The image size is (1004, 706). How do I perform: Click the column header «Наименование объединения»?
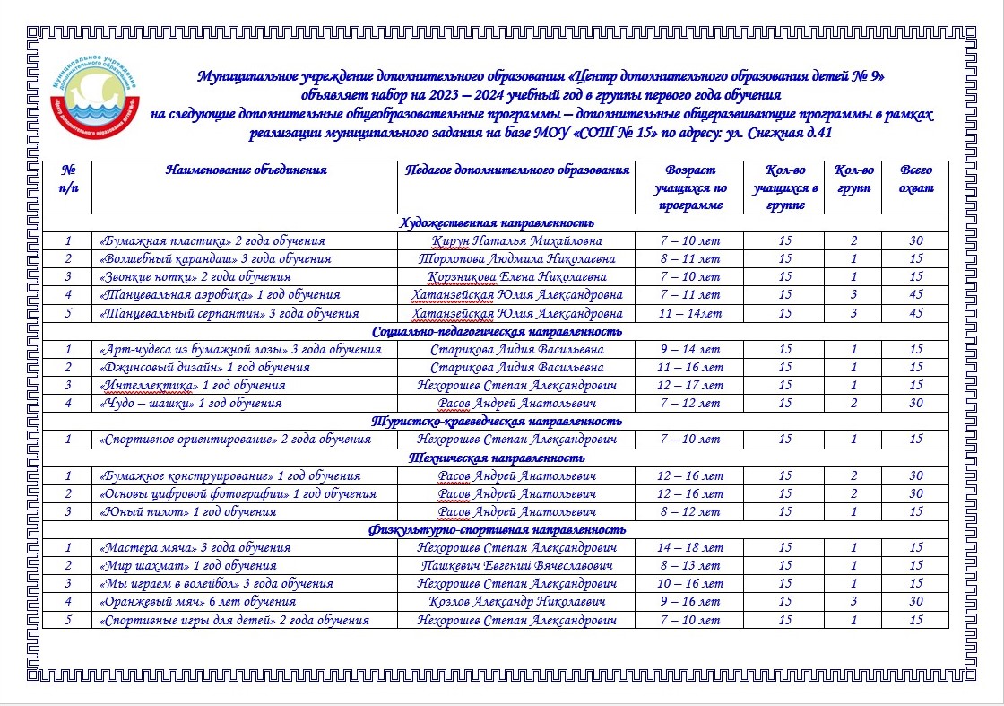click(247, 170)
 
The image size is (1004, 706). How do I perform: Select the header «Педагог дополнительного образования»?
click(516, 170)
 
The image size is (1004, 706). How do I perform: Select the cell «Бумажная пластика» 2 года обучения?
click(212, 241)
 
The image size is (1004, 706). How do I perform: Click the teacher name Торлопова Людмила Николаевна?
click(516, 259)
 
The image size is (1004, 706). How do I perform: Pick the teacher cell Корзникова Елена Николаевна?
click(516, 277)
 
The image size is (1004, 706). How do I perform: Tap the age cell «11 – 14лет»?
click(689, 313)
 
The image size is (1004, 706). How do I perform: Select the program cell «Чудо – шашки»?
click(189, 403)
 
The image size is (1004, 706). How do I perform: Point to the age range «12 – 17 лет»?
click(689, 385)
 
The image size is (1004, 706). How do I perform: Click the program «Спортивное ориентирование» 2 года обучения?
click(233, 440)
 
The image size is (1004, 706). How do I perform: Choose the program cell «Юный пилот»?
click(187, 511)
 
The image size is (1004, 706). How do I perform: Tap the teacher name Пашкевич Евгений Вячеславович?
click(516, 566)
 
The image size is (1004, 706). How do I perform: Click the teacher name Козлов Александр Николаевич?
click(516, 602)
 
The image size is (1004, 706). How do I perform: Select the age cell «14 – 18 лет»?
click(689, 547)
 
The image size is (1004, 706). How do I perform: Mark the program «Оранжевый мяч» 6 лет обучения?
click(197, 602)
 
